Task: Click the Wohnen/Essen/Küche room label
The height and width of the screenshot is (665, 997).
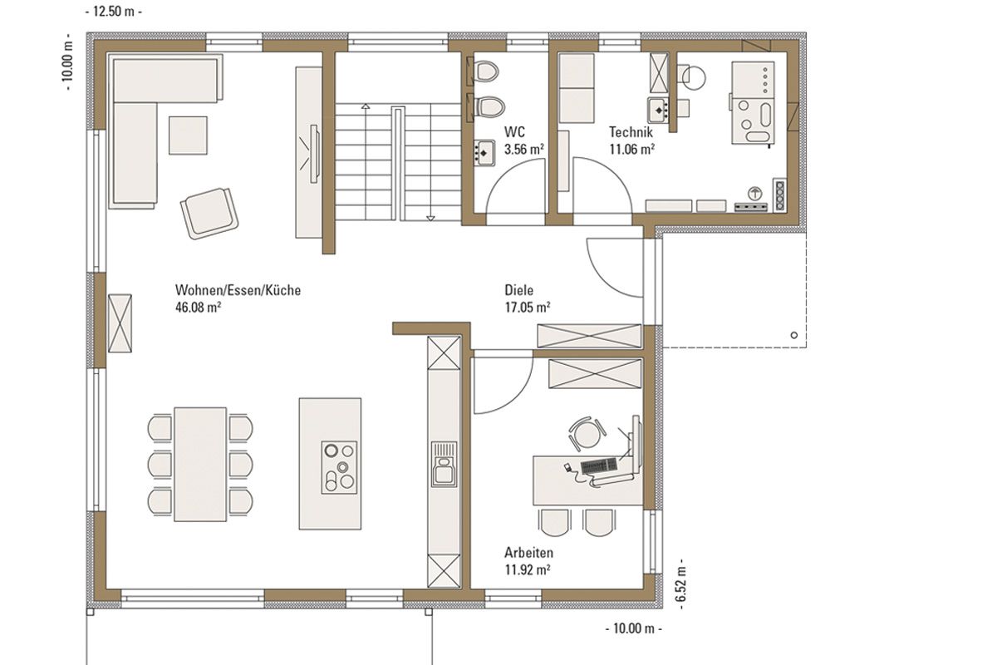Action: point(238,290)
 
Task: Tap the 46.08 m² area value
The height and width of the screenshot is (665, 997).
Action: point(198,308)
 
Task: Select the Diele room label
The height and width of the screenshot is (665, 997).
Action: point(518,290)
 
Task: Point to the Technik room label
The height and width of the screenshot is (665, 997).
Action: point(631,132)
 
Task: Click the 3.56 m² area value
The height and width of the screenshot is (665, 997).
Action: point(524,149)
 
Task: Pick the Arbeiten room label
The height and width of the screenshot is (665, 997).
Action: point(528,553)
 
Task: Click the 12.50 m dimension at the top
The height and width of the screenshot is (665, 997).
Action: point(114,12)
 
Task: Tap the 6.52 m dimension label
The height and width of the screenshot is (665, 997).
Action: point(680,584)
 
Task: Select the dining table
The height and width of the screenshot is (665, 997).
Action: point(200,464)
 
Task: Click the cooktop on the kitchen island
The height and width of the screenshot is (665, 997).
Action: point(339,467)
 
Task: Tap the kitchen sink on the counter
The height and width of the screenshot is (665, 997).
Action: point(444,464)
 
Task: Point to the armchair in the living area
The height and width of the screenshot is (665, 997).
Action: point(209,214)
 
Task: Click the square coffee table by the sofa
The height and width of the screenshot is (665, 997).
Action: point(188,135)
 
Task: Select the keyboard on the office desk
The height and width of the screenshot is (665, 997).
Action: point(599,465)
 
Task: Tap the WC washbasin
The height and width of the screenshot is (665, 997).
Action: point(484,153)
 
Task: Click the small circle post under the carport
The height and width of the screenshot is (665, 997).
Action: point(794,335)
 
